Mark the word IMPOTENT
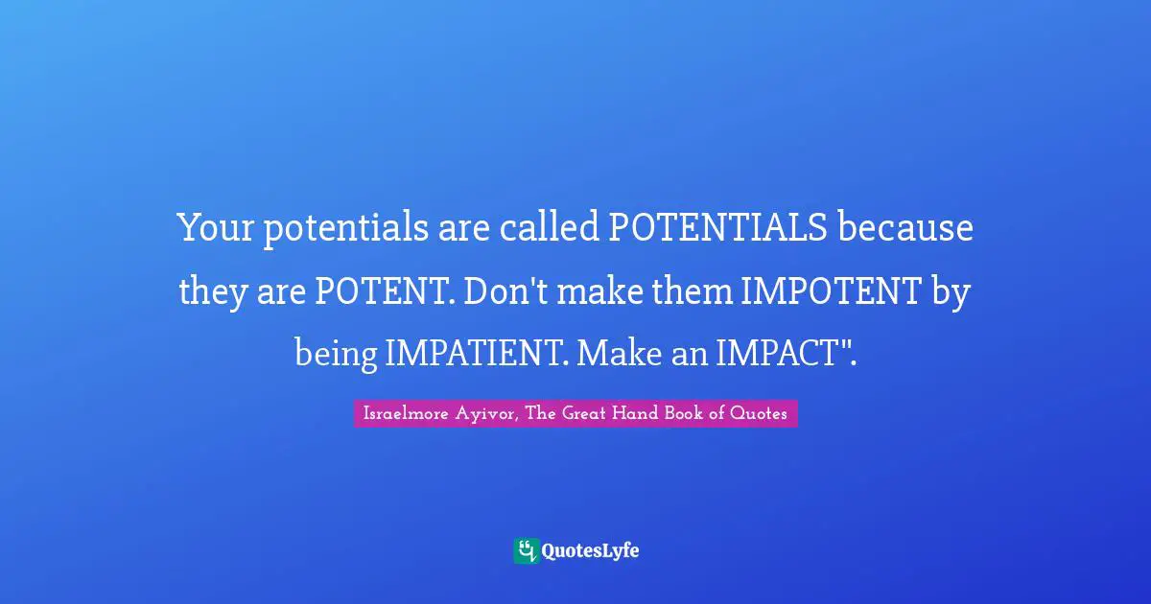(x=831, y=291)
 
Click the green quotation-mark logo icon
(x=525, y=550)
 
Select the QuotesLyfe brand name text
(x=590, y=550)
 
